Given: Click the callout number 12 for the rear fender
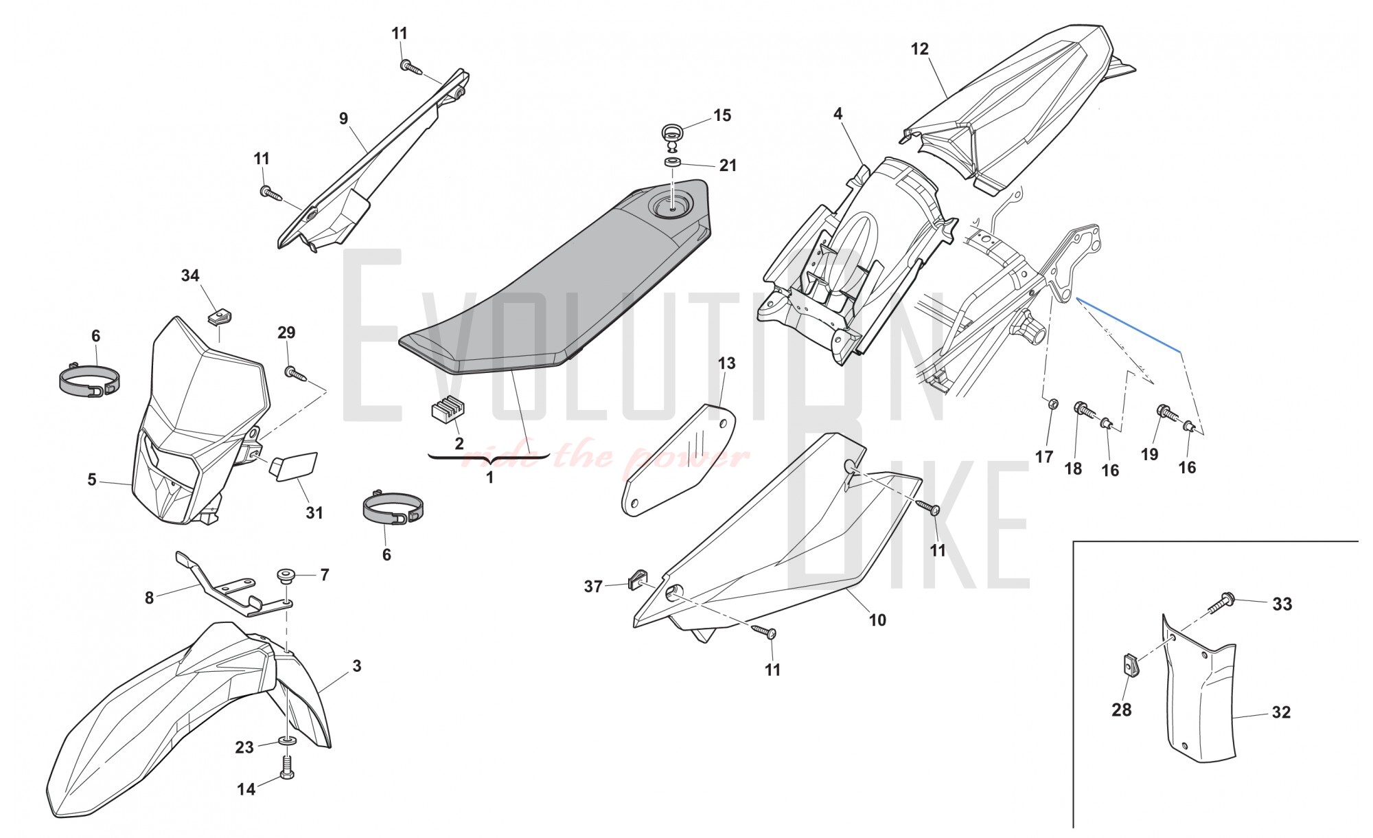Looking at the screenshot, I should [919, 49].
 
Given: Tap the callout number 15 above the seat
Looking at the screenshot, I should [722, 115].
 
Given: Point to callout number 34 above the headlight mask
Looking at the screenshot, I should [190, 275].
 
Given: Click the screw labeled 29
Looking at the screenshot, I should [294, 372].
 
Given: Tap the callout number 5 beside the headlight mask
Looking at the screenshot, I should [92, 479].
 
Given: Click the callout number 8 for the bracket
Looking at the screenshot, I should [150, 598].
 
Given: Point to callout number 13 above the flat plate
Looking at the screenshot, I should [726, 363].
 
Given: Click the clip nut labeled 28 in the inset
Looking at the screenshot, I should [1129, 664].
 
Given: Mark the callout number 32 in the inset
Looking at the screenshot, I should [1281, 712].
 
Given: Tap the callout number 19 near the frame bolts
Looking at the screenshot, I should [1149, 454].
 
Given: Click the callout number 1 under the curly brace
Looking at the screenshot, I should [489, 477].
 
